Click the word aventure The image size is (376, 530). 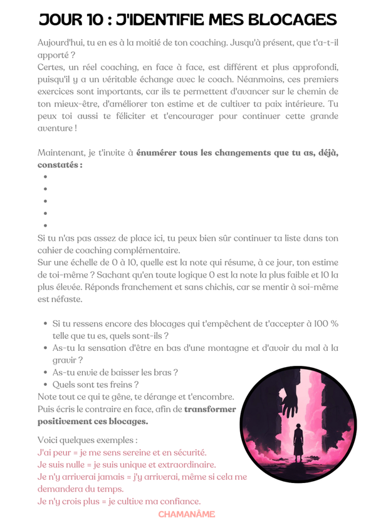tap(56, 128)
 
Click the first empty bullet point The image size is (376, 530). tap(46, 177)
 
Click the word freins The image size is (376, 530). tap(117, 384)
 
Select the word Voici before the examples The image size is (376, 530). tap(50, 440)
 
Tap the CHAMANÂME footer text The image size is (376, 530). tap(186, 514)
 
